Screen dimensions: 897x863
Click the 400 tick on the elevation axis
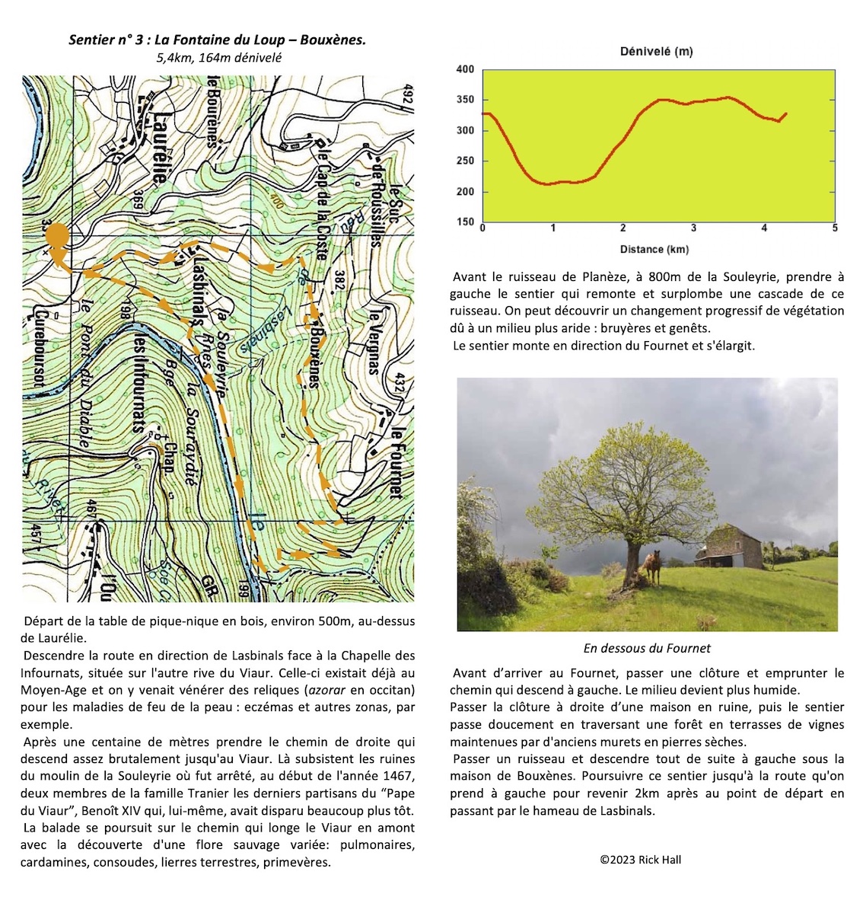(464, 69)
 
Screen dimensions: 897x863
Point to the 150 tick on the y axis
(464, 222)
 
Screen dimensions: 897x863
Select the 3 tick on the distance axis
(694, 228)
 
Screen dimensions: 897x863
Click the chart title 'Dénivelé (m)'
(656, 52)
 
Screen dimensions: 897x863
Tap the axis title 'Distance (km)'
(654, 250)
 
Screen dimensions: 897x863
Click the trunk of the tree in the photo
(632, 560)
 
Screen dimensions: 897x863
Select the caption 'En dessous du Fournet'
(647, 649)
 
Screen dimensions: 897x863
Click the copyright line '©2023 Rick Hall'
(640, 860)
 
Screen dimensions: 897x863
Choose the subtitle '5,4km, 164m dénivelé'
(218, 58)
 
